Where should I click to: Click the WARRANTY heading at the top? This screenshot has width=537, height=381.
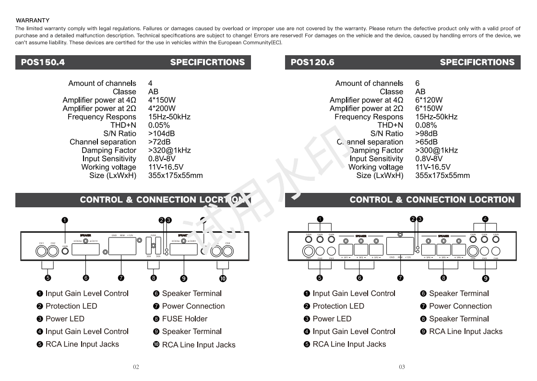(33, 20)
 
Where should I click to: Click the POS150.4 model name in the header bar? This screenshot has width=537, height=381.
(43, 62)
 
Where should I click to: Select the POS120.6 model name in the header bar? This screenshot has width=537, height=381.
(312, 62)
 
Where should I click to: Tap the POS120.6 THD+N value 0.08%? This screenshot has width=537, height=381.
(426, 125)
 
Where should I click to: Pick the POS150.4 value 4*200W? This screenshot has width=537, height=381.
(162, 108)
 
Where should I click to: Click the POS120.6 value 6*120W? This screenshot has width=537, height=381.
(429, 100)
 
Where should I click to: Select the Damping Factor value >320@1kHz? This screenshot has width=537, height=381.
(169, 150)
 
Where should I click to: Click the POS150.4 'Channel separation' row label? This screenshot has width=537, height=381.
(103, 142)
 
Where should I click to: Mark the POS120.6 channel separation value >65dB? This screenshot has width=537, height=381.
(426, 142)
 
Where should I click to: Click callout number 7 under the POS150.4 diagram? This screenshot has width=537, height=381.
(121, 277)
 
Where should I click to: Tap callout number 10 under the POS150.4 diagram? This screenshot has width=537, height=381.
(223, 278)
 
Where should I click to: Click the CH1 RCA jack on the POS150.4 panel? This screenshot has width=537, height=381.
(42, 250)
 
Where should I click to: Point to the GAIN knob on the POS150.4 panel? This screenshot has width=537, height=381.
(65, 250)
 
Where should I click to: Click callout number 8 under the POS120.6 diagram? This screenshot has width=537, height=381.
(443, 277)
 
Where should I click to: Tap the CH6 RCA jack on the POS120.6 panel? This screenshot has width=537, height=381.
(496, 250)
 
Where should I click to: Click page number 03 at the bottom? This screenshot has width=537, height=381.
(402, 367)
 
